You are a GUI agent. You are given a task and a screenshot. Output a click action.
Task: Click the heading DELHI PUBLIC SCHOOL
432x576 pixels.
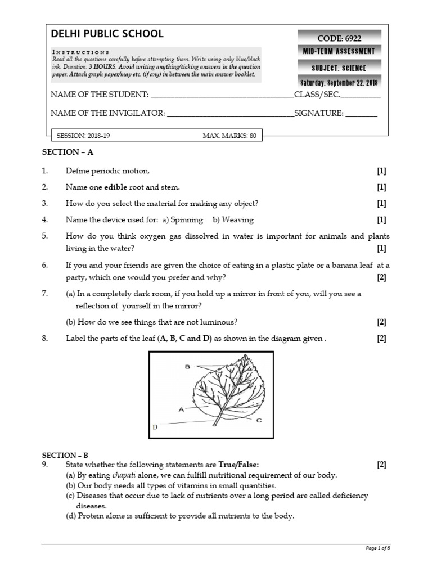(107, 34)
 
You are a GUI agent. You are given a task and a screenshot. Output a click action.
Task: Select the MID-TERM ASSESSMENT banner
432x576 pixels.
(339, 52)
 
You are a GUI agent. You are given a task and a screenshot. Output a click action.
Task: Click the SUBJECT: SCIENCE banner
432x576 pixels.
(339, 68)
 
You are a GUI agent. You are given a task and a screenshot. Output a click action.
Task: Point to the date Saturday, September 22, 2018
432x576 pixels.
(339, 83)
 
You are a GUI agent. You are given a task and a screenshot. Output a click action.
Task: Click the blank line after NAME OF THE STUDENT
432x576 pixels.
(222, 95)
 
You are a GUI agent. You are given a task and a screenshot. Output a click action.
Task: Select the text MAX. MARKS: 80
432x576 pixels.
(229, 136)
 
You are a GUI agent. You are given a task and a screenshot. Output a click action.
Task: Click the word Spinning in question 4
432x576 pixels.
(187, 220)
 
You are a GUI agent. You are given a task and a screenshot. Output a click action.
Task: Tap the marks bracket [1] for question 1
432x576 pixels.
(381, 170)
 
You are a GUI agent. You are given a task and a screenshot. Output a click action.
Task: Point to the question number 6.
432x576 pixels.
(45, 265)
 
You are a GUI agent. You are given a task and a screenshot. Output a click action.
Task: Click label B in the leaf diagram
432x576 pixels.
(187, 367)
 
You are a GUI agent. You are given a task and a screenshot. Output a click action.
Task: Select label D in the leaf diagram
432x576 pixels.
(155, 427)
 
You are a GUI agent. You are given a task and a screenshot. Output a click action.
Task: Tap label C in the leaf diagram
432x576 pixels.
(259, 420)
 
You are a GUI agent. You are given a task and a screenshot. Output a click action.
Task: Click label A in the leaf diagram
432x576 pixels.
(181, 410)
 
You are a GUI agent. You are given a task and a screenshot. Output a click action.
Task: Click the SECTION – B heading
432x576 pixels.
(65, 455)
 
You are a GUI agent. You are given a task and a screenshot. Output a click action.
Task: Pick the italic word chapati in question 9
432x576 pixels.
(116, 475)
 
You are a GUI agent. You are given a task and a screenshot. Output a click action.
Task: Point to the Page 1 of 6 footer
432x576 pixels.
(377, 548)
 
